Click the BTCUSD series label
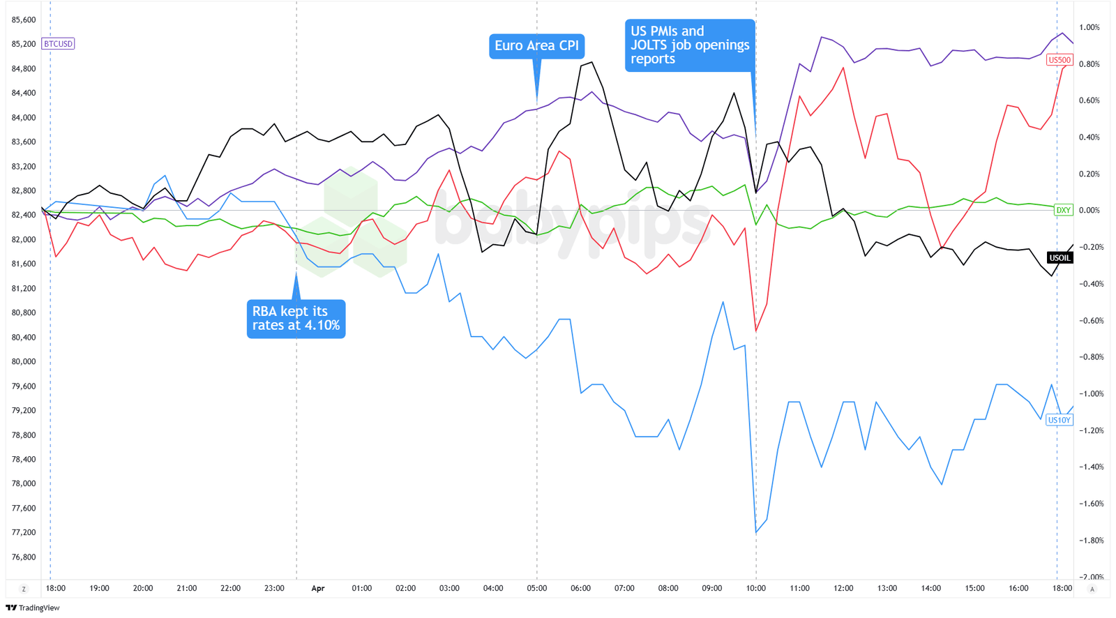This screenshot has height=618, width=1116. point(58,44)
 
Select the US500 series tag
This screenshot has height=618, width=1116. point(1059,60)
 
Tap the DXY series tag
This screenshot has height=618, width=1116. point(1063,210)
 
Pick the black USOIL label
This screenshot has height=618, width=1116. point(1060,258)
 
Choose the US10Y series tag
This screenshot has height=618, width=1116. point(1059,420)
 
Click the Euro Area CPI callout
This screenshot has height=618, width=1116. point(536,46)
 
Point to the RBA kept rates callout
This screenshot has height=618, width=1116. point(296,319)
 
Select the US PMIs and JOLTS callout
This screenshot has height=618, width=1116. point(689,45)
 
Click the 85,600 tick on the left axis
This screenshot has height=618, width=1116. point(24,20)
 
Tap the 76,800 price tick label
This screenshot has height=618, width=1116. point(24,557)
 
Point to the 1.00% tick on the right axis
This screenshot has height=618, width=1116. point(1089,27)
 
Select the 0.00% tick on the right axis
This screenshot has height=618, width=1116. point(1089,210)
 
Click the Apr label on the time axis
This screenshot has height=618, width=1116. point(318,588)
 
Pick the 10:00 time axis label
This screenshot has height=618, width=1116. point(755,588)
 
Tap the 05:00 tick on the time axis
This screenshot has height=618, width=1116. point(536,588)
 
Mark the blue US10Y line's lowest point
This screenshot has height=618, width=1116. point(756,534)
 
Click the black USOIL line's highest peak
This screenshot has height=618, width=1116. point(592,62)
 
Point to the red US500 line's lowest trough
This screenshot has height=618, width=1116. point(756,331)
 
